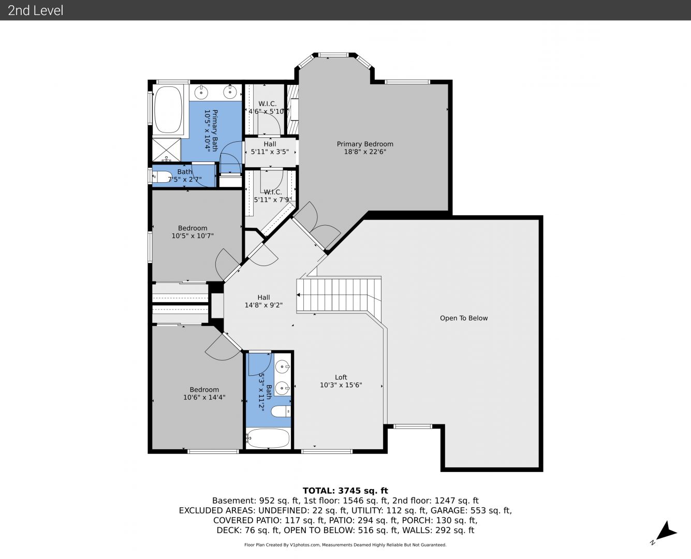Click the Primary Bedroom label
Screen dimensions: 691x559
point(365,148)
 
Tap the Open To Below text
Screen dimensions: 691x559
point(464,318)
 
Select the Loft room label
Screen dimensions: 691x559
point(341,381)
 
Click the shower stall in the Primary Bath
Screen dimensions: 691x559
point(167,150)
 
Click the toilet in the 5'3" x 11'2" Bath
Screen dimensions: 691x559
point(281,411)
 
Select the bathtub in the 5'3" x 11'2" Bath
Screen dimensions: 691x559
point(268,438)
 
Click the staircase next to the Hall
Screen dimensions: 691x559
point(339,295)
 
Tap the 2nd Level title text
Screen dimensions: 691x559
point(35,10)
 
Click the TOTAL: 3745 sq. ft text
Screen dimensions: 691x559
point(345,491)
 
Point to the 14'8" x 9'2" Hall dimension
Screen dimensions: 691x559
point(263,305)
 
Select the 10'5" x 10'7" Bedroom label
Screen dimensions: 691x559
point(193,232)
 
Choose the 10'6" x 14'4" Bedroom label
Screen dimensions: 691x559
point(204,393)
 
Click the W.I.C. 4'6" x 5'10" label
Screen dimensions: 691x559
point(267,108)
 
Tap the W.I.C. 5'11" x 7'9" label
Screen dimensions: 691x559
point(272,196)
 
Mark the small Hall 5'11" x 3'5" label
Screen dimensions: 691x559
point(270,148)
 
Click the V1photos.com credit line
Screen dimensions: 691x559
point(345,545)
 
